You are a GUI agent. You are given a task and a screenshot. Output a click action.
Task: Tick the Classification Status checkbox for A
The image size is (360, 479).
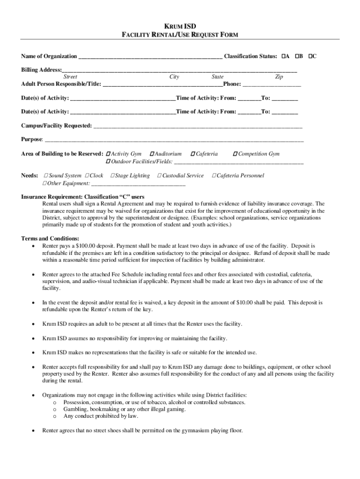pyautogui.click(x=283, y=57)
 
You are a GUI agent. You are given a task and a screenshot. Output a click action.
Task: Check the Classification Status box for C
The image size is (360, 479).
pyautogui.click(x=310, y=57)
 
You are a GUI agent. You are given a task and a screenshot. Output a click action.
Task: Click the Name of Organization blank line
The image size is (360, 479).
pyautogui.click(x=150, y=57)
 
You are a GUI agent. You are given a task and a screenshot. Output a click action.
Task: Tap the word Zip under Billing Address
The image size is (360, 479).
pyautogui.click(x=279, y=77)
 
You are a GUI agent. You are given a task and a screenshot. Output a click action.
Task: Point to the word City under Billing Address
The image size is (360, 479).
pyautogui.click(x=174, y=77)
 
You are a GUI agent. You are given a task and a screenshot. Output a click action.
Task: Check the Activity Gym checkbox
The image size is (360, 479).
pyautogui.click(x=108, y=154)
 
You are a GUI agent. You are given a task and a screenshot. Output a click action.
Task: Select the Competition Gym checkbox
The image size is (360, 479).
pyautogui.click(x=236, y=154)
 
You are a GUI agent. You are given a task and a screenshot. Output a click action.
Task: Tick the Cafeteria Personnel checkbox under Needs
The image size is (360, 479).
pyautogui.click(x=214, y=176)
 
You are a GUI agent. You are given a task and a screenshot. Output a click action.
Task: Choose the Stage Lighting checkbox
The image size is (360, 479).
pyautogui.click(x=112, y=176)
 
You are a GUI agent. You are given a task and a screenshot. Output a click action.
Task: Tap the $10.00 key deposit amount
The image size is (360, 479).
pyautogui.click(x=245, y=303)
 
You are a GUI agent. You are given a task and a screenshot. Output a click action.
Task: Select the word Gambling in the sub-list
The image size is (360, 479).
pyautogui.click(x=76, y=409)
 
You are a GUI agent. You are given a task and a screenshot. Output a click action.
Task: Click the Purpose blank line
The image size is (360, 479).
pyautogui.click(x=173, y=140)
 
